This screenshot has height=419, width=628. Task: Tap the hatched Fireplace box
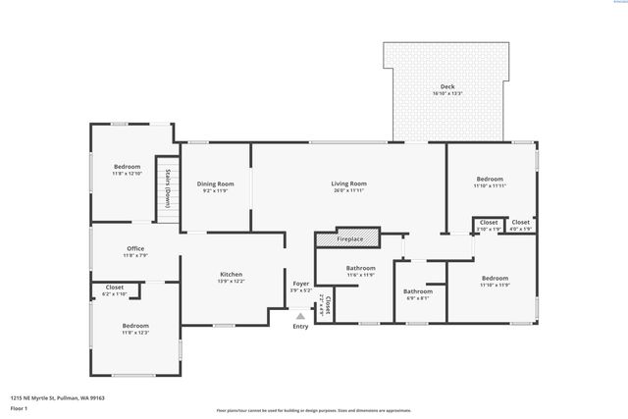[349, 239]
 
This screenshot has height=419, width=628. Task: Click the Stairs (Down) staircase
[168, 190]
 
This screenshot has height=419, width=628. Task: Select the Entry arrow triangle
[300, 315]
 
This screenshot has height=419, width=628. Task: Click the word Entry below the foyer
[300, 326]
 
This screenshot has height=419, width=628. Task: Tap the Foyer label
[300, 287]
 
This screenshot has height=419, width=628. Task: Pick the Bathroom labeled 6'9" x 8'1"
[418, 293]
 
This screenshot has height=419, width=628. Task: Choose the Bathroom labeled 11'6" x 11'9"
[360, 271]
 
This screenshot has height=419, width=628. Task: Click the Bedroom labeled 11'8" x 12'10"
[127, 169]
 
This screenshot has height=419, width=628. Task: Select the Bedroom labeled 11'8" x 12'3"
[135, 328]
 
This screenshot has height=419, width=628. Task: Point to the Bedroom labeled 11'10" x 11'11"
[489, 182]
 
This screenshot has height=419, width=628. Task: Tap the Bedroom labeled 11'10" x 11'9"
[494, 282]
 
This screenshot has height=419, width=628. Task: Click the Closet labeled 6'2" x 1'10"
[115, 290]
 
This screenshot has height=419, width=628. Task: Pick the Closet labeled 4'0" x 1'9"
[520, 225]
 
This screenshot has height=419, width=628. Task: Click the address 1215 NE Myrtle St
[57, 397]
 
